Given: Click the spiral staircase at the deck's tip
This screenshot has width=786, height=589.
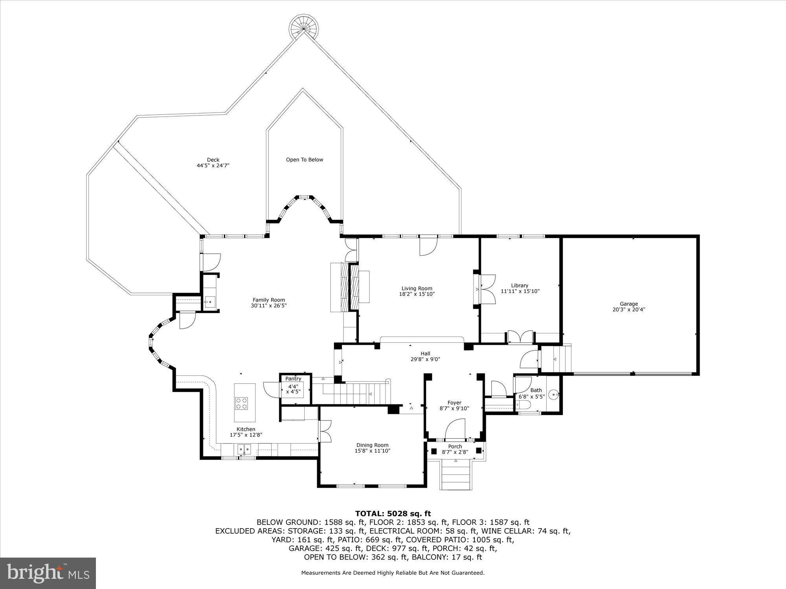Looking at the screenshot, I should [304, 27].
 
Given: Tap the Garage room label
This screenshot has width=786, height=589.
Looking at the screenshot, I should [629, 304].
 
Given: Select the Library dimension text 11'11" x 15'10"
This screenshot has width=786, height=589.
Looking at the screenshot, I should [520, 291].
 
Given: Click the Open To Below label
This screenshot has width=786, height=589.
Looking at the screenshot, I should [304, 159].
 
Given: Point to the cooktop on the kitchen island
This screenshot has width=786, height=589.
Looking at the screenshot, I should [242, 403].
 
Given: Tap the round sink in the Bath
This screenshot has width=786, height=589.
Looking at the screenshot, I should [553, 394].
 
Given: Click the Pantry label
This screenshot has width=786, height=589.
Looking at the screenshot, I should [293, 379].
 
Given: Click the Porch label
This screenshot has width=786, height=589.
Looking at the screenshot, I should [455, 446].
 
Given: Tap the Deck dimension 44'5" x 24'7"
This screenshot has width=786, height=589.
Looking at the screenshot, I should [213, 166].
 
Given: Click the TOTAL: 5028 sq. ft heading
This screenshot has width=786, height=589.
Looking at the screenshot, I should [393, 513].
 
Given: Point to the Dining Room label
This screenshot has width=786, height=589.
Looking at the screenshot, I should [372, 445].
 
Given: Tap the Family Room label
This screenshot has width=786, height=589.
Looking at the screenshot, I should [269, 300].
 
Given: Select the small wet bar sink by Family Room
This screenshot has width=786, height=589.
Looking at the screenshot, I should [209, 302].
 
